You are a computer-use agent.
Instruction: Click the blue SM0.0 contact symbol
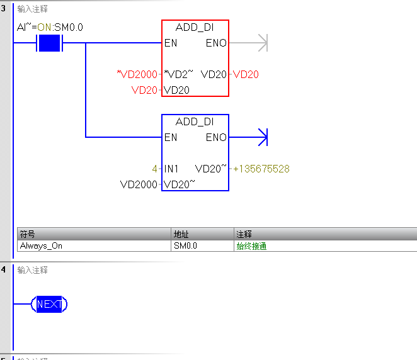[49, 43]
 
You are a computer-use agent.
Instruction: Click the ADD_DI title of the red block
[195, 28]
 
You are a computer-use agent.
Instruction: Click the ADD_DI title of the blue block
[195, 122]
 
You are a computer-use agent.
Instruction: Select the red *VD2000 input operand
[137, 74]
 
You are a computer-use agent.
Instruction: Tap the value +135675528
[261, 169]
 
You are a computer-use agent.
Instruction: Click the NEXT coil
[49, 305]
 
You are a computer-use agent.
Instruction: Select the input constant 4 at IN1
[154, 169]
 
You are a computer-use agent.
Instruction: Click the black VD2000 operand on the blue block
[139, 184]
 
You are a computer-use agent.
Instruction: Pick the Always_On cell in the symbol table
[42, 246]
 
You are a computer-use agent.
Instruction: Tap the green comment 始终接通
[251, 246]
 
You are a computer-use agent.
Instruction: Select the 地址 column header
[181, 234]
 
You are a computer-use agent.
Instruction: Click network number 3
[4, 9]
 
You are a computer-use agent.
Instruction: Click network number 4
[4, 270]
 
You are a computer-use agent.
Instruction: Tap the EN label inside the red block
[170, 43]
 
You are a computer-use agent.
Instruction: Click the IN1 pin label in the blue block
[171, 169]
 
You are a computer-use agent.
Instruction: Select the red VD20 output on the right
[246, 74]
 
